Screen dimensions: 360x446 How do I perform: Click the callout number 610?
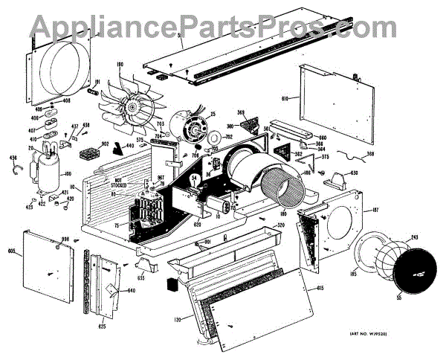point(286,98)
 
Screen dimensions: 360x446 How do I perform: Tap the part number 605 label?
point(12,253)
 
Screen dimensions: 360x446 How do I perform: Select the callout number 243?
point(414,238)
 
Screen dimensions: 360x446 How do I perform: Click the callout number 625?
point(102,325)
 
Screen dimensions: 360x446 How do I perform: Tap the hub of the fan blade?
point(135,109)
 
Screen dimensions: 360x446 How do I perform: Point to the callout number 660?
point(322,138)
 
